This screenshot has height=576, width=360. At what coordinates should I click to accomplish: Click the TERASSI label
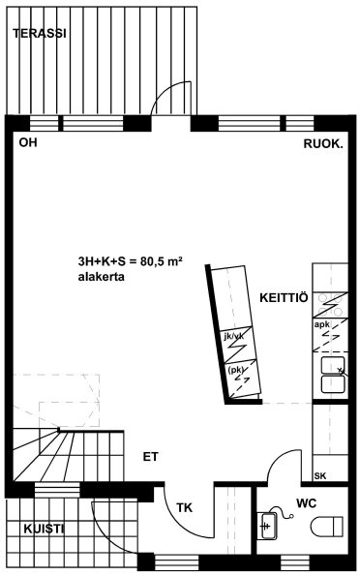coord(40,34)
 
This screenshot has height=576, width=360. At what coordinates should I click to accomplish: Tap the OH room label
coord(28,142)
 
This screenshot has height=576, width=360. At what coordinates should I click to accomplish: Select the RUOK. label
coord(323,144)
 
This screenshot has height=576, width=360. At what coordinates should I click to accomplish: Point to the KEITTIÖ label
coord(284,297)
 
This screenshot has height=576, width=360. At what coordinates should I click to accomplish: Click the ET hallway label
coord(151,457)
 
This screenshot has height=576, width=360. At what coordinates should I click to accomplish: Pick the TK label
coord(185,507)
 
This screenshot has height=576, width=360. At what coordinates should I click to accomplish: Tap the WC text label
coord(307,502)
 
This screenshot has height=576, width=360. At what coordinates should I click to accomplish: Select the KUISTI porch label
coord(44,529)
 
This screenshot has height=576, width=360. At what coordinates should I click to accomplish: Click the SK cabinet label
coord(320,476)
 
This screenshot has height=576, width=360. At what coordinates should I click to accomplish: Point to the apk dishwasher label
coord(322,324)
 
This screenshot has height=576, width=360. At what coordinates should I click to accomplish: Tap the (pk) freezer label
coord(236,370)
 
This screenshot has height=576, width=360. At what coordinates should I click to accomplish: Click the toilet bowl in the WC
coord(327,527)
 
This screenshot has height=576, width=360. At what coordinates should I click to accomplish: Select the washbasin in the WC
coord(269,526)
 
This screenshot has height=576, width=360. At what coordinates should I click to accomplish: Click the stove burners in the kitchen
coord(330,305)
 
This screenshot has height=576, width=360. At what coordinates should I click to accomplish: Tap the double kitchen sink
coord(333,375)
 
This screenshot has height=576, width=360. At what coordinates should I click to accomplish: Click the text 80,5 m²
coord(156,261)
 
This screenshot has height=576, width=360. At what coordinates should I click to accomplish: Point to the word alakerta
coord(101,277)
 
